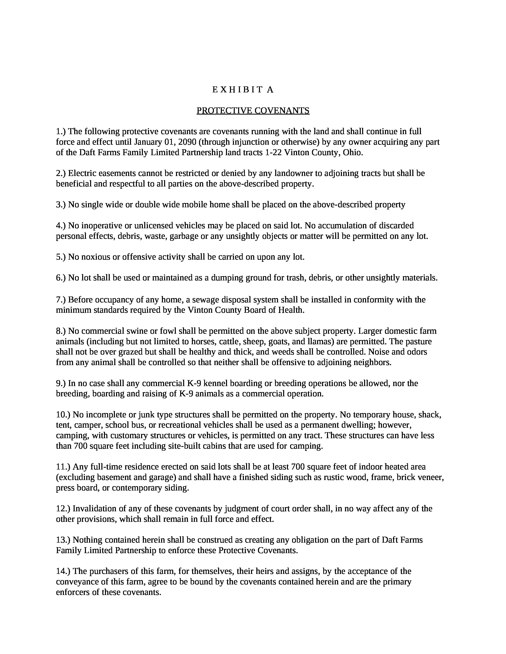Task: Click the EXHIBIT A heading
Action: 243,90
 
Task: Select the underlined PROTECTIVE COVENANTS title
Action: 253,111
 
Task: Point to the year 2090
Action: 187,142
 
